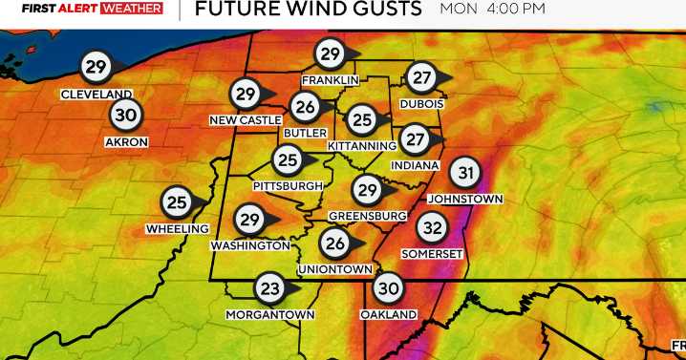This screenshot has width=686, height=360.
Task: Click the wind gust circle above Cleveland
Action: (x=95, y=67)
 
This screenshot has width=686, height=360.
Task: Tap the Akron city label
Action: (x=126, y=141)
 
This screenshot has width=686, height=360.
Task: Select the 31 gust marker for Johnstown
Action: (x=464, y=173)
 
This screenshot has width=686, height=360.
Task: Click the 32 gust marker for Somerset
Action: (x=433, y=228)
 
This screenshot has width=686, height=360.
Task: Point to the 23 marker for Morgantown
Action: (x=269, y=287)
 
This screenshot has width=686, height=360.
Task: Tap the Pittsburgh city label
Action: (x=288, y=184)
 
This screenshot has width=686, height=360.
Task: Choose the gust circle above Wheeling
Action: (x=177, y=202)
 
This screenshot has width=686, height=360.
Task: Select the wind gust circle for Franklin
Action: (x=330, y=53)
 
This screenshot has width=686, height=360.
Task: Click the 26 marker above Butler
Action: (x=306, y=107)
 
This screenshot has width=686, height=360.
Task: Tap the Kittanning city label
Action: (x=361, y=145)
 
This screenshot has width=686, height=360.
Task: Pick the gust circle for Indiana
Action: (x=414, y=139)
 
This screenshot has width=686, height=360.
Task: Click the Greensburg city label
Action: (x=368, y=216)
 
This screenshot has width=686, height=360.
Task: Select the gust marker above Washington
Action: (x=249, y=221)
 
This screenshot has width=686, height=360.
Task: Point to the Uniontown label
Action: (x=334, y=269)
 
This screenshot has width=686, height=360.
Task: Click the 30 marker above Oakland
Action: (x=388, y=287)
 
